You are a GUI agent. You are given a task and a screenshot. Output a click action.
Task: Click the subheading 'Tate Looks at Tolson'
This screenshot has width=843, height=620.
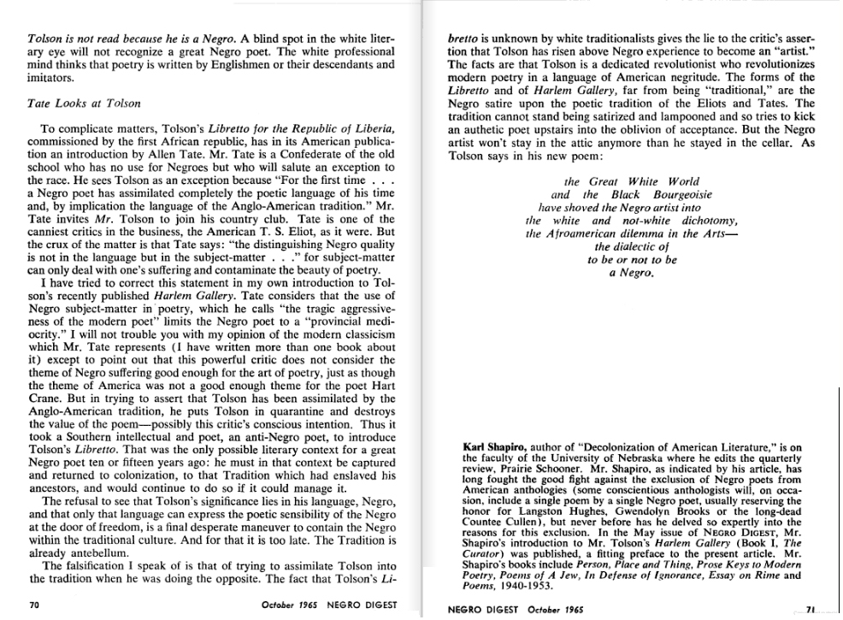point(84,103)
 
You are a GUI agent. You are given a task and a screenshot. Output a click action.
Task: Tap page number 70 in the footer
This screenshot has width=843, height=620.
point(35,603)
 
